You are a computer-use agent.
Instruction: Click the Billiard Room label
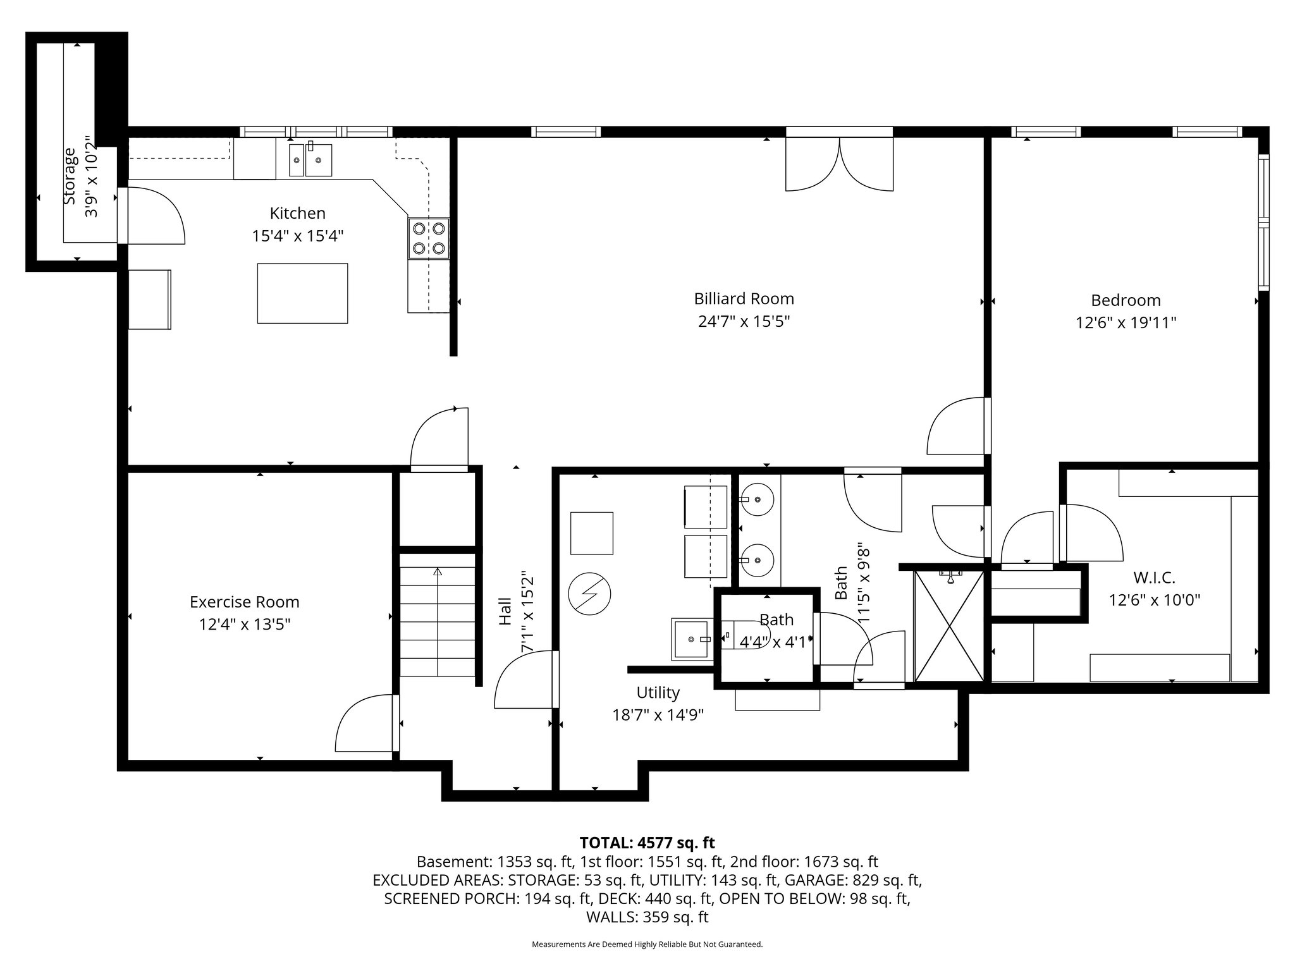point(744,298)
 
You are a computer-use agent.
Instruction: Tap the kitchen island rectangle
point(302,293)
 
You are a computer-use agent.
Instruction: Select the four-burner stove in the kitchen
point(429,238)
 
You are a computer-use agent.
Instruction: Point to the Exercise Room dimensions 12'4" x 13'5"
point(245,625)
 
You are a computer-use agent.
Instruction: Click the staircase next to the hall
point(438,621)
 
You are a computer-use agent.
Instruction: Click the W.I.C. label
point(1154,577)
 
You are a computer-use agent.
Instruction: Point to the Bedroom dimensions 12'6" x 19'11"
point(1126,323)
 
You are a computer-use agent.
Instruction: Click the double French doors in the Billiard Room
point(839,164)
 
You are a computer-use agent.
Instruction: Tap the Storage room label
point(70,176)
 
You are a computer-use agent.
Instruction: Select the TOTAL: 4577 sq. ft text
point(647,843)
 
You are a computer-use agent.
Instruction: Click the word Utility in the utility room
point(658,693)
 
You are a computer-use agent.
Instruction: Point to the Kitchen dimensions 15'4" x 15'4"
point(298,236)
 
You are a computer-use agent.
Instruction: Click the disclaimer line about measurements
point(647,944)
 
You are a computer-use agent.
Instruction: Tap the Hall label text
point(505,612)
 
